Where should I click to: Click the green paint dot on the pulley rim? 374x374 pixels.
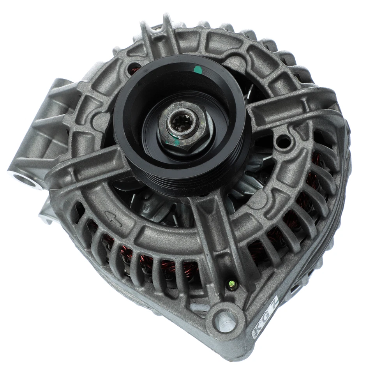tap(198, 71)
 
